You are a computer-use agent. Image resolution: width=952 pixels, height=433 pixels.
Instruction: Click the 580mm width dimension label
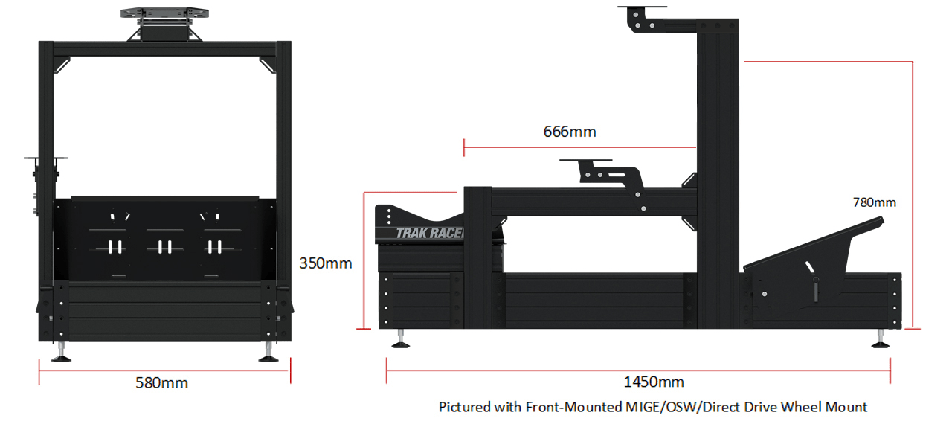point(161,383)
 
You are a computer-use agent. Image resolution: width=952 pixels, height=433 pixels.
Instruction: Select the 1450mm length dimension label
point(654,382)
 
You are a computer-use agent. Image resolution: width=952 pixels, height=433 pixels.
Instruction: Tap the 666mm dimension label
point(570,132)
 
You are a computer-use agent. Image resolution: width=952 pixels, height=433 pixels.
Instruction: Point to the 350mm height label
point(326,263)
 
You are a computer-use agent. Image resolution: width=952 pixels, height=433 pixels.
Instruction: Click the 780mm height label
point(874,202)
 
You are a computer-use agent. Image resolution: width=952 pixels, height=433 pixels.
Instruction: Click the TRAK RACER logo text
point(430,233)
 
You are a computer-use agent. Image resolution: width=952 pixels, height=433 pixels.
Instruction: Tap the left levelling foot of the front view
point(62,356)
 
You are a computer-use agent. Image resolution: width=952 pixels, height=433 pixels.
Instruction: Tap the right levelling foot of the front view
point(268,356)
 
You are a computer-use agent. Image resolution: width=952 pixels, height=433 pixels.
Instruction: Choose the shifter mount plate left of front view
point(46,158)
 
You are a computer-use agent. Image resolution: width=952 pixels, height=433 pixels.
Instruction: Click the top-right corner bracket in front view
point(268,65)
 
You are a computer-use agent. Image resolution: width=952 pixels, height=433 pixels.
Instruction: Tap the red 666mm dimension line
point(580,147)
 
